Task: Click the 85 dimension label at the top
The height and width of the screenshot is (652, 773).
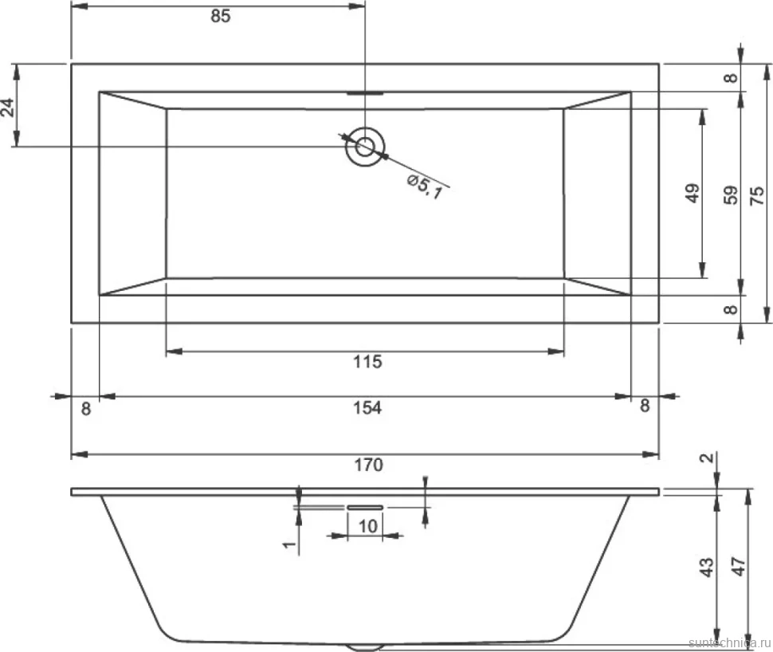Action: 221,16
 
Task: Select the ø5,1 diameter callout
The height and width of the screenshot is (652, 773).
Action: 425,187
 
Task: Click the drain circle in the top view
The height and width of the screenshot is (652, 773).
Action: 365,147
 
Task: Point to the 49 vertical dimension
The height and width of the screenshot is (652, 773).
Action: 693,193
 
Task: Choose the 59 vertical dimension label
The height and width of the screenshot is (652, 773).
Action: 731,194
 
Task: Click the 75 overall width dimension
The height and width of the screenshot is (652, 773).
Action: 757,195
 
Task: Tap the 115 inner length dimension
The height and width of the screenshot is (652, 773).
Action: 367,362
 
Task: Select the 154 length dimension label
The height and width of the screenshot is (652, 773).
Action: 367,408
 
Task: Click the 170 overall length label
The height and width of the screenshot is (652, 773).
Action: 369,465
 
